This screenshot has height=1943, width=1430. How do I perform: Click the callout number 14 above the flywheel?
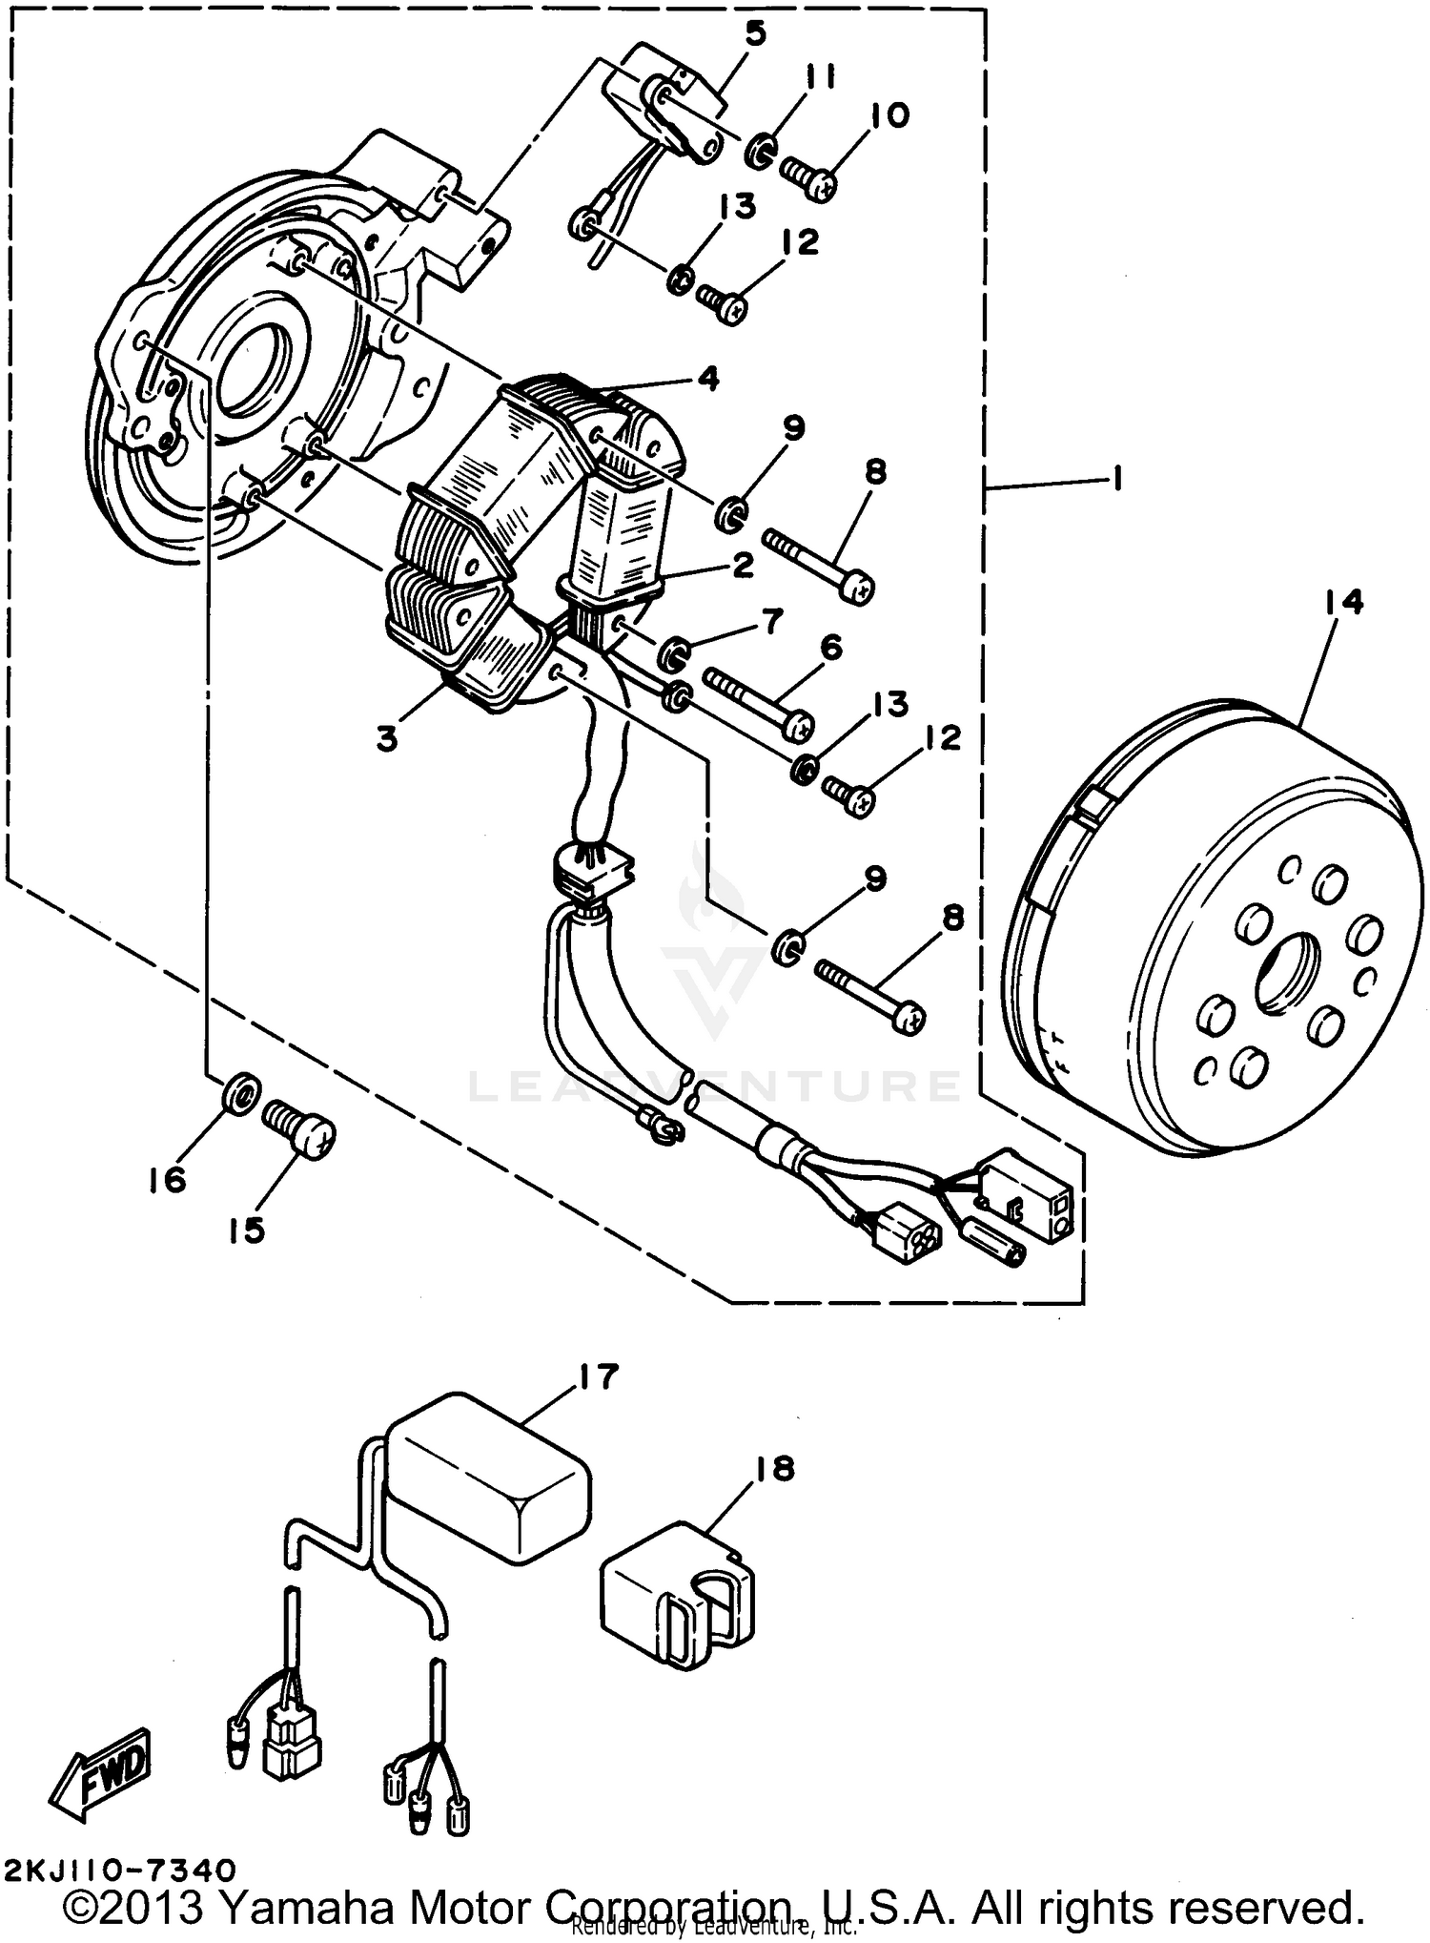pos(1342,603)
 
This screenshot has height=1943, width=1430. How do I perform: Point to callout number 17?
pos(598,1377)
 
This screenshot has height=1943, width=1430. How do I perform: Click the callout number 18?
pos(774,1470)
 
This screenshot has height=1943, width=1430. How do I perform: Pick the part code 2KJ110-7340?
pos(118,1869)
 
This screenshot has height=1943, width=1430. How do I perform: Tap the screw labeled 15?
pos(299,1127)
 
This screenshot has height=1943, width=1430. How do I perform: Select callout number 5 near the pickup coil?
pos(755,35)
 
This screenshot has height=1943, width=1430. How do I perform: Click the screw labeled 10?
pos(808,178)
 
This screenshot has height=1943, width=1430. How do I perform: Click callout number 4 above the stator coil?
pos(707,379)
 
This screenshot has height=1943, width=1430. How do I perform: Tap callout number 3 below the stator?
pos(387,738)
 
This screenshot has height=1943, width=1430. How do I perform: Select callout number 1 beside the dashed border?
pos(1117,478)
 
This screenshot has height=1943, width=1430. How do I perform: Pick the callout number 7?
pos(770,622)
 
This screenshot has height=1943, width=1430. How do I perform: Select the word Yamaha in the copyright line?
pos(306,1908)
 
